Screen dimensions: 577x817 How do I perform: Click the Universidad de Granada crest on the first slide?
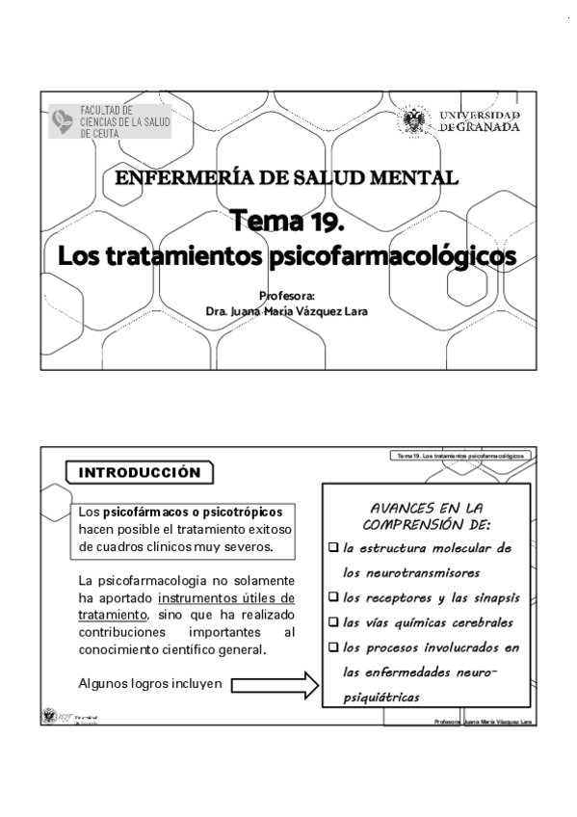[414, 122]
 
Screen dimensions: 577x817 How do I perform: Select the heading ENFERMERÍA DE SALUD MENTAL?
[286, 177]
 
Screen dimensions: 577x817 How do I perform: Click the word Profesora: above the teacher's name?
[287, 296]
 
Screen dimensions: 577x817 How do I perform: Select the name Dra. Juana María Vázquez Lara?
[287, 311]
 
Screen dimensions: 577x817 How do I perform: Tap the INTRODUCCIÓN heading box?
[139, 473]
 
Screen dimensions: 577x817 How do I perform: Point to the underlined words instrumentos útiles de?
[226, 598]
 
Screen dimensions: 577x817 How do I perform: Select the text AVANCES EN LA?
[427, 508]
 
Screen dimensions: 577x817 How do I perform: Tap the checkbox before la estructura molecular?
[334, 548]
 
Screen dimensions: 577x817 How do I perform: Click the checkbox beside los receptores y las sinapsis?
[334, 598]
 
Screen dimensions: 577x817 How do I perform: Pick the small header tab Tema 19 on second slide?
[460, 455]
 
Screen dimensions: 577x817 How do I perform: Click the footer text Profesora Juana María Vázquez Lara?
[484, 721]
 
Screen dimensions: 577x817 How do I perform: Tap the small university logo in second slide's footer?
[51, 716]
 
